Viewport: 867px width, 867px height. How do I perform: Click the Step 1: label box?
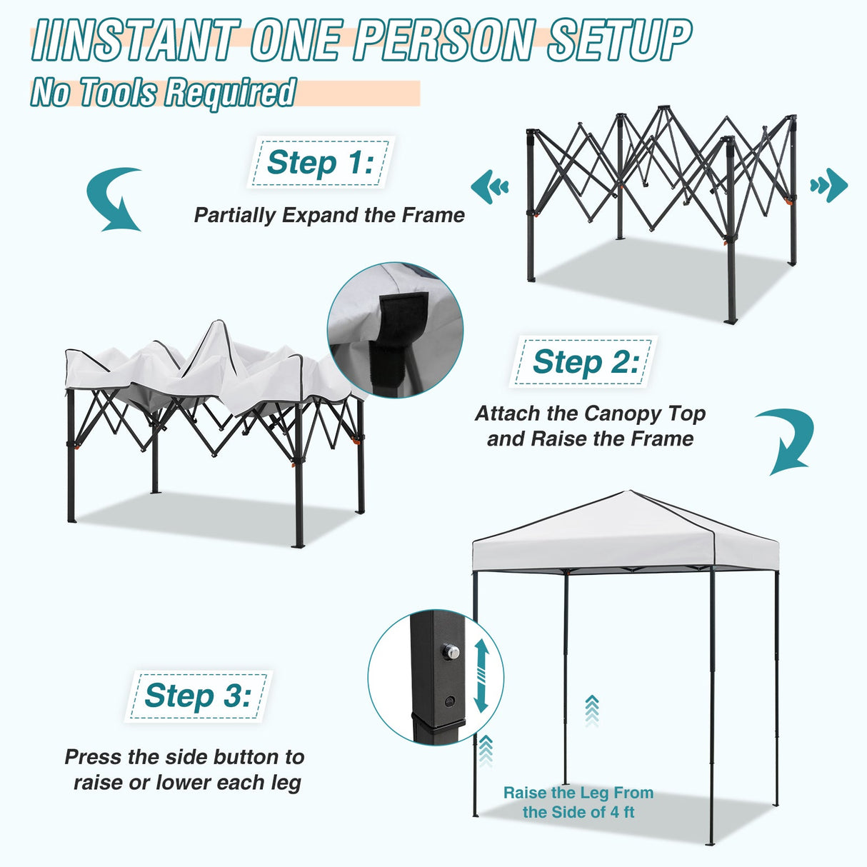click(320, 163)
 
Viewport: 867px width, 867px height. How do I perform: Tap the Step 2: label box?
click(583, 362)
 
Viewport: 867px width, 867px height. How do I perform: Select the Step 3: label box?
click(198, 696)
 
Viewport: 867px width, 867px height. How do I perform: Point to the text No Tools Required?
click(163, 93)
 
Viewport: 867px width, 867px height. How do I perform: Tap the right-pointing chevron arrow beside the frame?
click(829, 186)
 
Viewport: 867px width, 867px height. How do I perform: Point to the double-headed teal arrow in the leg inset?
click(481, 675)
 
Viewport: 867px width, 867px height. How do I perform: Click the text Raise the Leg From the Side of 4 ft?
click(578, 802)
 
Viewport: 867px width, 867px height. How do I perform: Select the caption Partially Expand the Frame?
click(329, 215)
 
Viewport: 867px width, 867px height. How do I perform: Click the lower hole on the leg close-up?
click(449, 701)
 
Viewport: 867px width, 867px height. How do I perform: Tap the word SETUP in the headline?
click(619, 41)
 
